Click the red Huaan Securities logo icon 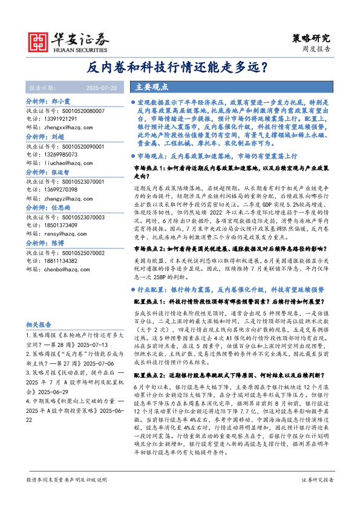(x=41, y=41)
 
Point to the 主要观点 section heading (x=151, y=87)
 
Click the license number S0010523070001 (x=75, y=181)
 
